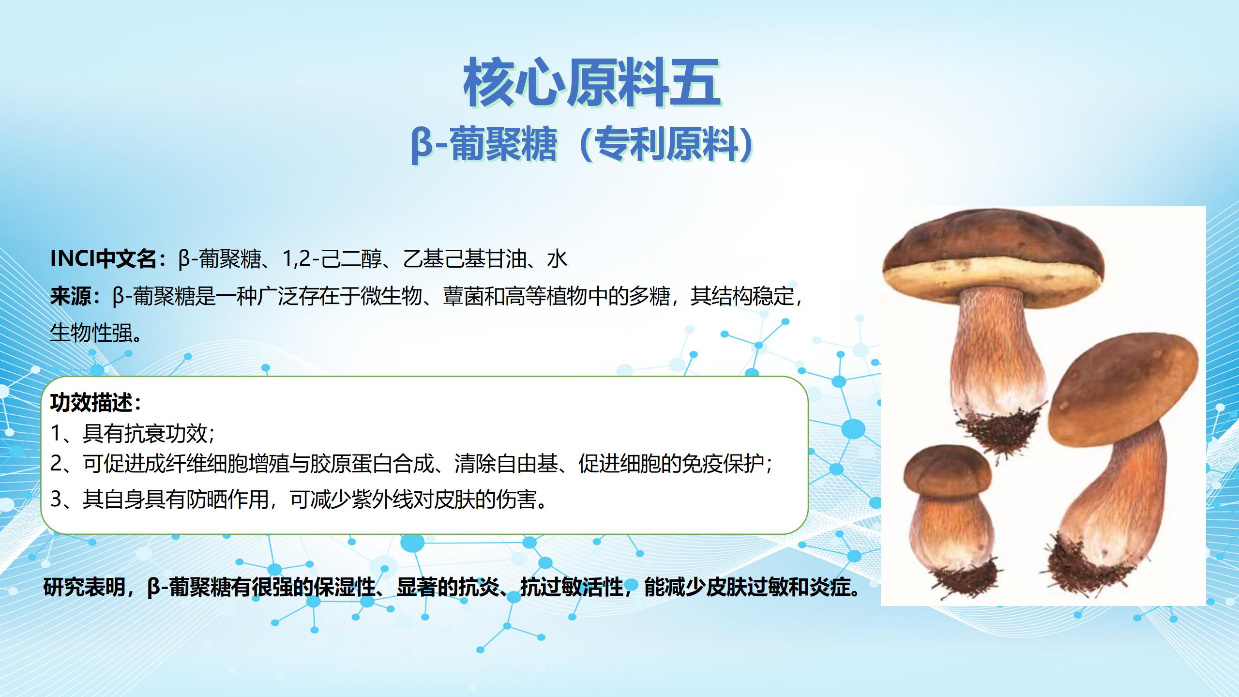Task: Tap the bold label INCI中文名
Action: (104, 259)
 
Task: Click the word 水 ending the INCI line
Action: (557, 259)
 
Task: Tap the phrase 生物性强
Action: (91, 333)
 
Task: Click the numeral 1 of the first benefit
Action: (56, 433)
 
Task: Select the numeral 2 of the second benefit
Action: (56, 464)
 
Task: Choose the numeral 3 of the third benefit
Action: (56, 499)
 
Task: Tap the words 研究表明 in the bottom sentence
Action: (84, 587)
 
